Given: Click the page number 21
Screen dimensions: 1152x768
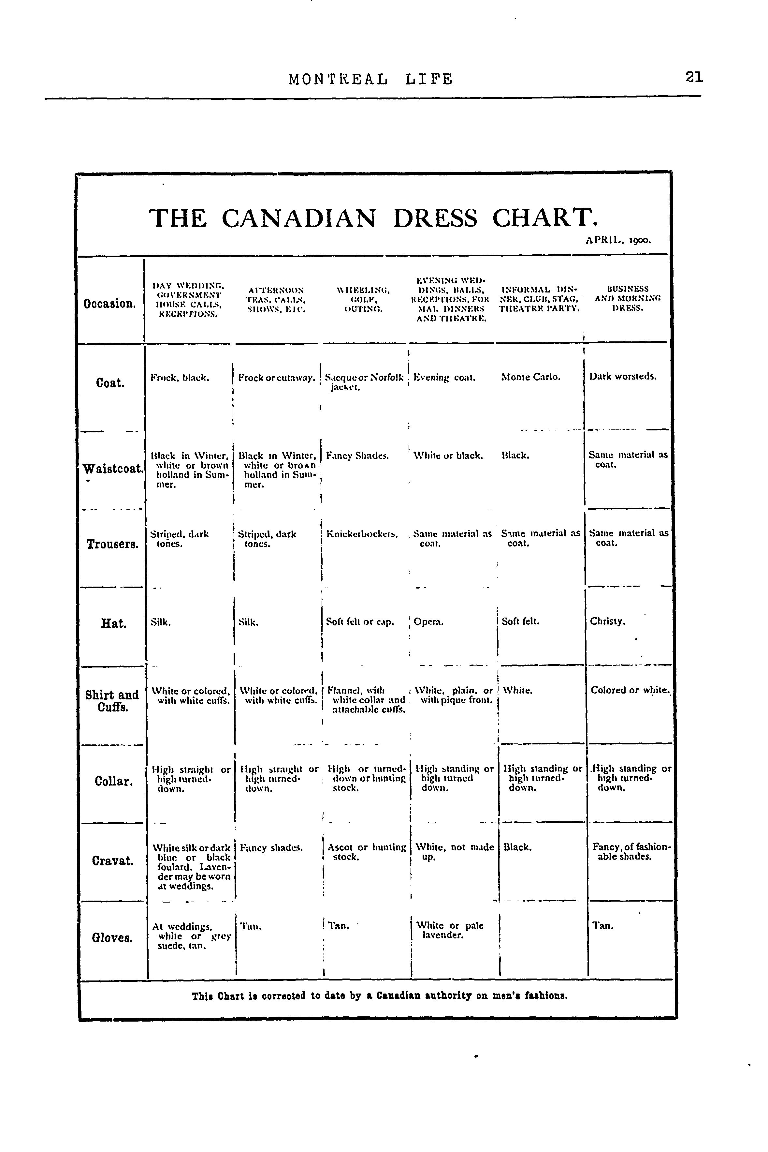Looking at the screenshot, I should (x=694, y=77).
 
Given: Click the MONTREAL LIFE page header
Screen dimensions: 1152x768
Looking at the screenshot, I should (x=371, y=79).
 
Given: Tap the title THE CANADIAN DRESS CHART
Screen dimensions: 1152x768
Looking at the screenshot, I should (x=373, y=218).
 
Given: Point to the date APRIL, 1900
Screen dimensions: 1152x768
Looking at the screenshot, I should (x=618, y=241).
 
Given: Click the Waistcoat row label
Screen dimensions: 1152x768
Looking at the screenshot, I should (x=113, y=469).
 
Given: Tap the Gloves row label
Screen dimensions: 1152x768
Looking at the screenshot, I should (x=112, y=938).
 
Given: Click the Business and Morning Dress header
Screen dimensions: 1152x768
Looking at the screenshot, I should (x=628, y=299).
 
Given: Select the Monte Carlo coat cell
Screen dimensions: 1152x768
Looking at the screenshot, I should (x=531, y=377).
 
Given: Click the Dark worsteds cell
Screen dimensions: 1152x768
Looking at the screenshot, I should (x=623, y=377).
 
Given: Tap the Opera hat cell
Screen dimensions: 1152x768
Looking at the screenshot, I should (x=428, y=622).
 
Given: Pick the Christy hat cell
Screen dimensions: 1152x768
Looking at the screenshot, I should (x=607, y=621).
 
